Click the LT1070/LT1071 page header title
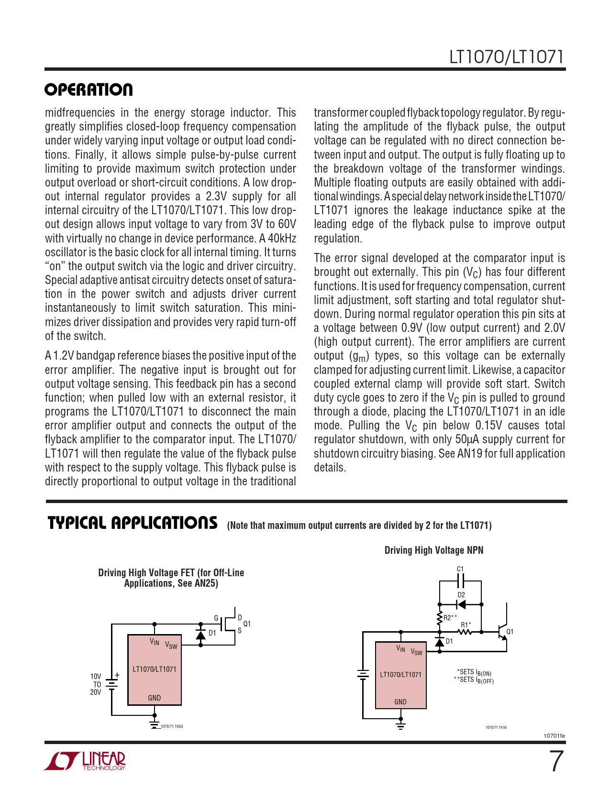coord(506,57)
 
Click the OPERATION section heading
coord(89,90)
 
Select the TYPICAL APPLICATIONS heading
coord(133,523)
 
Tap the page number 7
coord(555,762)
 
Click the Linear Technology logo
coord(85,761)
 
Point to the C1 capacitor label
coord(460,569)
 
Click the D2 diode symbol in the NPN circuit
coord(461,604)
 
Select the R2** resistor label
coord(450,618)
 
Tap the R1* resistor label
coord(466,625)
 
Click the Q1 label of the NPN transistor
coord(510,632)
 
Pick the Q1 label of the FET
coord(247,624)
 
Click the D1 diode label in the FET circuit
coord(212,633)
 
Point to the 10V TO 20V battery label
coord(96,684)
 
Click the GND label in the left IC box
coord(155,698)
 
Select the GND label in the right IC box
coord(400,702)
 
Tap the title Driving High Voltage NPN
coord(434,550)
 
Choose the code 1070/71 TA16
coord(496,727)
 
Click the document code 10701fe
coord(554,735)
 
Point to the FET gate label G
coord(216,618)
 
